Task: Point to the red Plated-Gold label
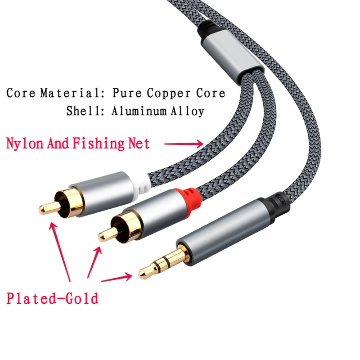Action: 52,298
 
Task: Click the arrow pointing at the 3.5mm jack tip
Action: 116,279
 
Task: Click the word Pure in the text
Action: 126,93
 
